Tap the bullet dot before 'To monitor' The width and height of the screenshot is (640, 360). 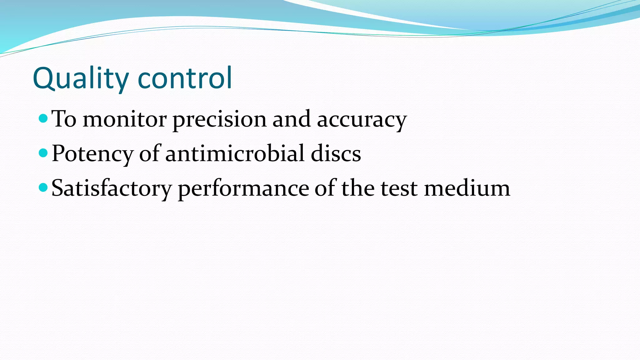[43, 118]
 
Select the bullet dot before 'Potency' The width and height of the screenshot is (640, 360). [43, 153]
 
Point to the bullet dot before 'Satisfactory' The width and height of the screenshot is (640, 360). [43, 187]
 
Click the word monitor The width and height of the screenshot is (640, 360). [124, 119]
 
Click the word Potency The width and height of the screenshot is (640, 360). [92, 154]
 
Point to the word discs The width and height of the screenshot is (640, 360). [336, 153]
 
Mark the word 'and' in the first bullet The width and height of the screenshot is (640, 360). [292, 119]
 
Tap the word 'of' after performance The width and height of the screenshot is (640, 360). [325, 188]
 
